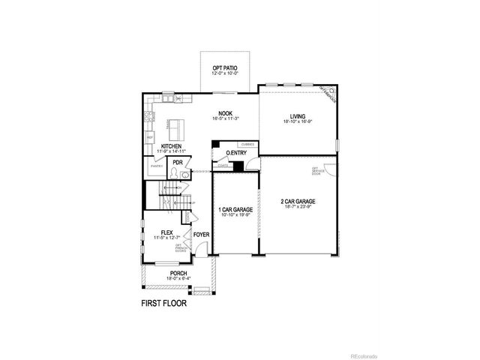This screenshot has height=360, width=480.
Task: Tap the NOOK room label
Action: pos(226,112)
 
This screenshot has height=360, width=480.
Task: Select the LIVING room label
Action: pos(297,115)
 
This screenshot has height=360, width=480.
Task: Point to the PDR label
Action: pos(178,162)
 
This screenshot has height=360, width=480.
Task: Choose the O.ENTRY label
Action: pos(236,153)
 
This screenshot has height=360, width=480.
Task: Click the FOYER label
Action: pos(201,235)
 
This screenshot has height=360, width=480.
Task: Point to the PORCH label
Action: pos(178,273)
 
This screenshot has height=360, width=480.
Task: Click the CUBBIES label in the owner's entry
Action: pos(248,143)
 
